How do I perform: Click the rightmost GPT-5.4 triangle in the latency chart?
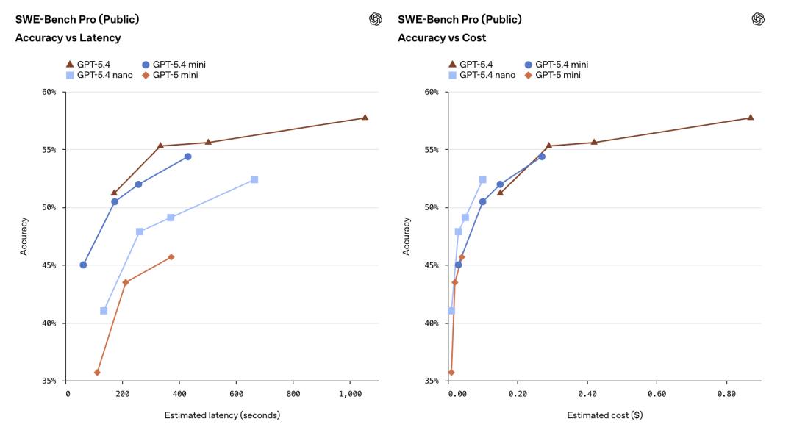coord(365,118)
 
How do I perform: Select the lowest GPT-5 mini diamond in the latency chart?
coord(97,373)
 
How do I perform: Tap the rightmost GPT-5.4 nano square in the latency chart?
coord(254,179)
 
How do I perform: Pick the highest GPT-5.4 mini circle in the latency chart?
coord(187,157)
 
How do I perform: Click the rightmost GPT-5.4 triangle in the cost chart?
coord(751,118)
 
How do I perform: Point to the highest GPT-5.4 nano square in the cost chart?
coord(483,179)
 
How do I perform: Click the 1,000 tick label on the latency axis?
coord(349,395)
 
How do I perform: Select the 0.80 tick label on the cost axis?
coord(726,395)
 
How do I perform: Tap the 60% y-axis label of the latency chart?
coord(49,93)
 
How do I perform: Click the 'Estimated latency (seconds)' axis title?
coord(222,415)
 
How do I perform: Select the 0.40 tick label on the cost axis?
coord(587,395)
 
